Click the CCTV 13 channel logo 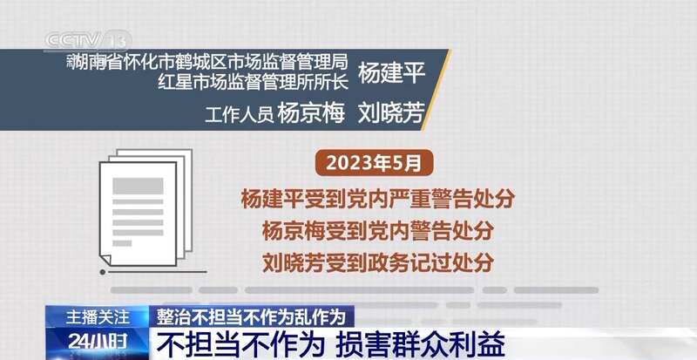click(88, 41)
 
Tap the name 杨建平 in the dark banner click(391, 73)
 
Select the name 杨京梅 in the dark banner click(311, 113)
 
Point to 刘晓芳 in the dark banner click(391, 113)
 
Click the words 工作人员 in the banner click(239, 115)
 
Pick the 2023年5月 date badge click(374, 163)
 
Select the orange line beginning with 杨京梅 click(378, 231)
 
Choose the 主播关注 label click(98, 317)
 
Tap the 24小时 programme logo click(98, 343)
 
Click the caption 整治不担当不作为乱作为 click(251, 316)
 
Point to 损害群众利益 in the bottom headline click(420, 344)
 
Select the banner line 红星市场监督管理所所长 click(253, 82)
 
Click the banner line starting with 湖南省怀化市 click(207, 63)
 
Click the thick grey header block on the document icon click(138, 186)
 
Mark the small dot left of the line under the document click(103, 272)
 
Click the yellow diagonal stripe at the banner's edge click(436, 90)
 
